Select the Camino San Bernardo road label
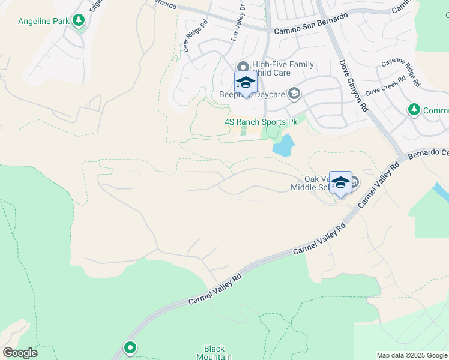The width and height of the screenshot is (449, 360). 311,24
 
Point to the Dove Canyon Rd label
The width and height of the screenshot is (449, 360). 352,86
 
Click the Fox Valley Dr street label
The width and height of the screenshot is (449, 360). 238,26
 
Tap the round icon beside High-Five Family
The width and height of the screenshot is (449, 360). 243,67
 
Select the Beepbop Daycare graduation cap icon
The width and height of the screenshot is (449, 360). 294,94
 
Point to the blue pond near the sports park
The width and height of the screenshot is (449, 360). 283,145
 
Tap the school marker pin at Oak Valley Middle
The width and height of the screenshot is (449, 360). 340,184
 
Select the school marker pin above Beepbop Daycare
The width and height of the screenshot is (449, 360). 246,83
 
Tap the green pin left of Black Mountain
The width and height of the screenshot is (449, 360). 130,347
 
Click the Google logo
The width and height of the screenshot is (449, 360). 20,353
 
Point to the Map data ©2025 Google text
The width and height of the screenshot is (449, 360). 412,355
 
